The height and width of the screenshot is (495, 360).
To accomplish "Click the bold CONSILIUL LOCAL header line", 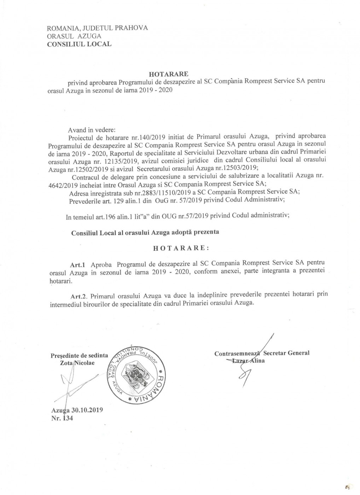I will (80, 44).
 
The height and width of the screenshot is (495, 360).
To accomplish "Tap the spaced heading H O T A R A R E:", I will (181, 248).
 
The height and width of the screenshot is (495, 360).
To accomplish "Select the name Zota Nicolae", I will (78, 363).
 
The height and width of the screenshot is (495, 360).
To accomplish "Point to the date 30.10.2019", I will (87, 410).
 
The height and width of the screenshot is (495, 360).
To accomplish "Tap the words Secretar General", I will (287, 353).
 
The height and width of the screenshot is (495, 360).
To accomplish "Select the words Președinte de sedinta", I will (80, 356).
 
